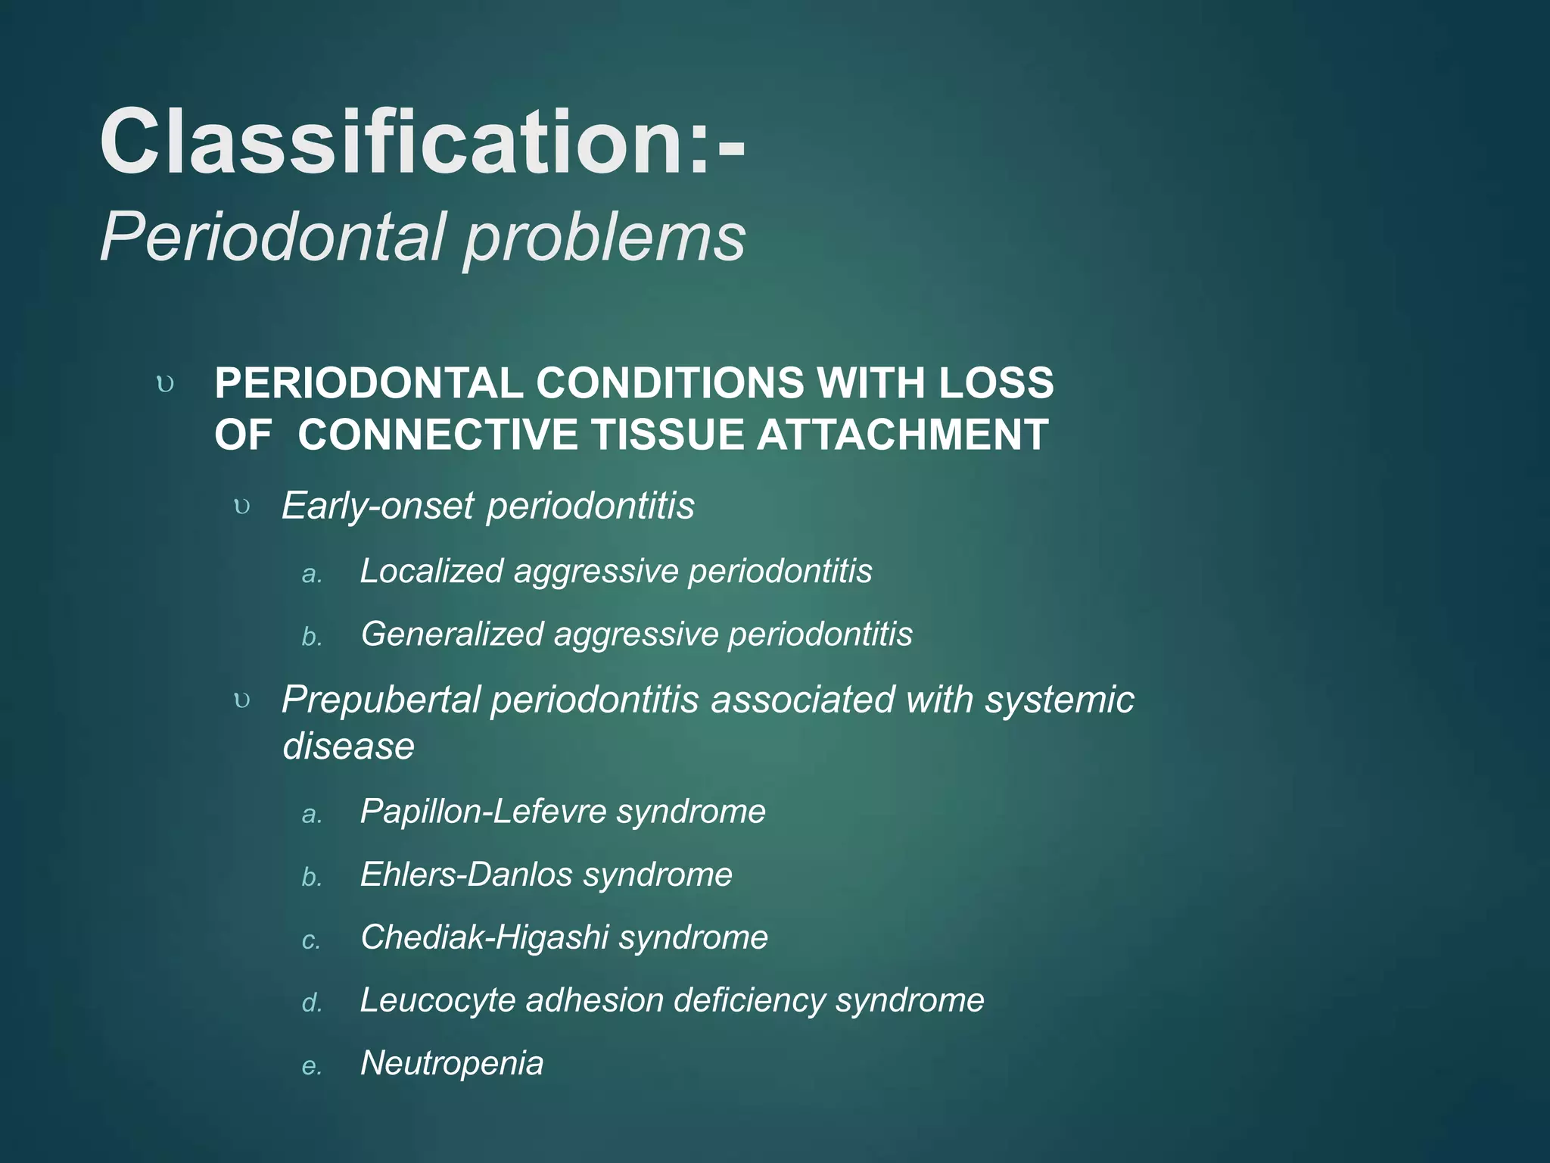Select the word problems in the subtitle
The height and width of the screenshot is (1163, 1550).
(x=605, y=238)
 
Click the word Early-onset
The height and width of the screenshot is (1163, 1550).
(x=378, y=506)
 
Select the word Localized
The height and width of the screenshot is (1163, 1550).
(x=431, y=571)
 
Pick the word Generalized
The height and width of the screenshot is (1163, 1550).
(x=452, y=635)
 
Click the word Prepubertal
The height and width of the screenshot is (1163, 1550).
(x=381, y=700)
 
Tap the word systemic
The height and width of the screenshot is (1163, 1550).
(x=1059, y=699)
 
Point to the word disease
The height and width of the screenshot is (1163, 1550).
(x=348, y=746)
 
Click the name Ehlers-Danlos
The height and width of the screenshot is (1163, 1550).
(x=466, y=875)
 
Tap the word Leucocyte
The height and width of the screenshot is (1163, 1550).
(x=437, y=1000)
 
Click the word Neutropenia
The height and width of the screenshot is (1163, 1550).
(x=452, y=1063)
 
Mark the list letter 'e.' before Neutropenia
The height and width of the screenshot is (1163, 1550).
(x=311, y=1066)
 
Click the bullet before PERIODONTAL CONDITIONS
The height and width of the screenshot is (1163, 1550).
(x=165, y=384)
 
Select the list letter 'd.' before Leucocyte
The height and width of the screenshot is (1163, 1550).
(x=311, y=1003)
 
